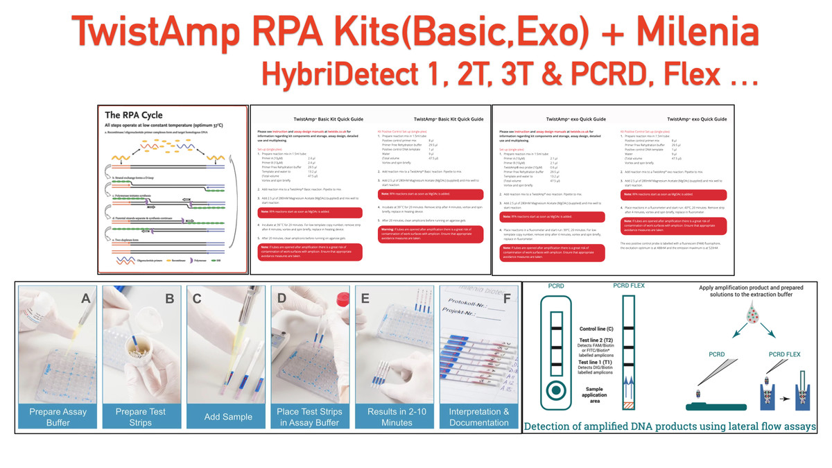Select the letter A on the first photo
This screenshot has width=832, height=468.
tap(86, 299)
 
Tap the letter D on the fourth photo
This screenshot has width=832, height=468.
tap(281, 299)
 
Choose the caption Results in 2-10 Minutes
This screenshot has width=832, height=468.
tap(397, 417)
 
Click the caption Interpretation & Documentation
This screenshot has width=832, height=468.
tap(479, 417)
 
